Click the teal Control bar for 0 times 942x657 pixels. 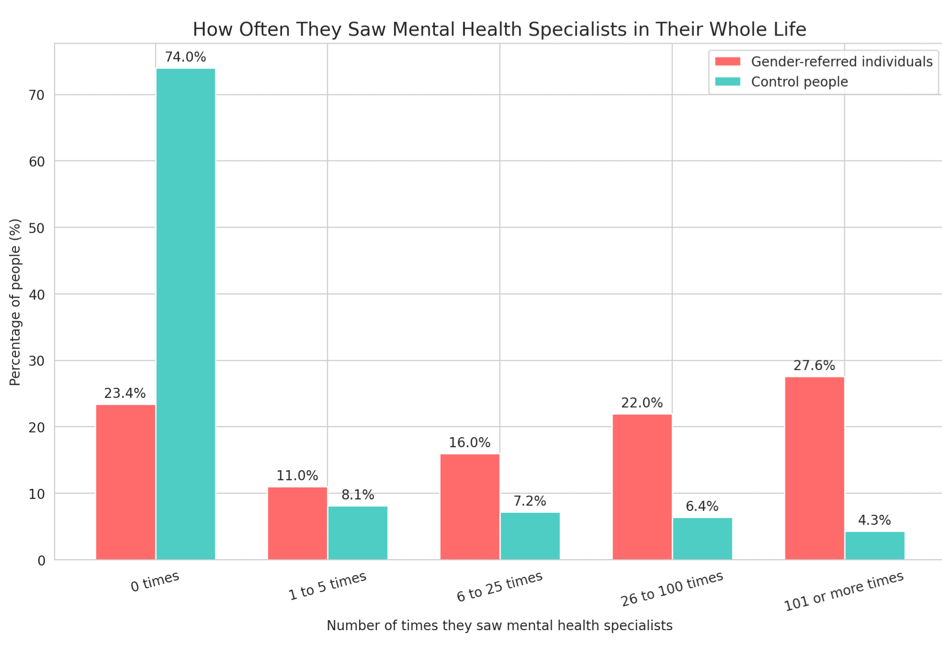tap(186, 314)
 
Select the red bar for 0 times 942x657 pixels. tap(125, 482)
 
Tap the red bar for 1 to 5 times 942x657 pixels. tap(297, 523)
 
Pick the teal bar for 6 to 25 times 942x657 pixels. tap(530, 536)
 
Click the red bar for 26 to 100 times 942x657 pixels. tap(642, 487)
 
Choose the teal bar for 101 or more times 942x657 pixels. tap(874, 545)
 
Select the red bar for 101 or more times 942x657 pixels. tap(814, 468)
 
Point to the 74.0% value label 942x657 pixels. tap(185, 57)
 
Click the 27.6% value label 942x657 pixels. tap(814, 366)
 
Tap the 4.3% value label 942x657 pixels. tap(874, 521)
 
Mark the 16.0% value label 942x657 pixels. tap(469, 443)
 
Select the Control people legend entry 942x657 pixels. tap(799, 82)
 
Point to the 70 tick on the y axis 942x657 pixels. tap(36, 95)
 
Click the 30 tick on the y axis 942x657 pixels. tap(36, 361)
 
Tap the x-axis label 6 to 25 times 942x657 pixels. tap(499, 586)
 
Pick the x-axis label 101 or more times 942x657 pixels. tap(843, 591)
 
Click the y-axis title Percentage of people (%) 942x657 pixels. tap(15, 302)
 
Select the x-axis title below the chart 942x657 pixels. tap(499, 626)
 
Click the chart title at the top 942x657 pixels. tap(499, 30)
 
